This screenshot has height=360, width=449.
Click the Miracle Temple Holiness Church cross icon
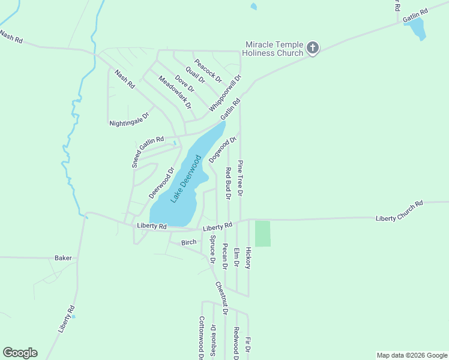coord(312,48)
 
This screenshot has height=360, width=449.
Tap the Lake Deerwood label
coord(185,179)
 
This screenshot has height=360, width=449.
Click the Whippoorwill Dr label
coord(225,92)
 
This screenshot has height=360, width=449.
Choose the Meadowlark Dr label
coord(175,92)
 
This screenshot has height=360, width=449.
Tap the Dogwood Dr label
coord(219,150)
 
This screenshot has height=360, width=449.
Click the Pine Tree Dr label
coord(240,178)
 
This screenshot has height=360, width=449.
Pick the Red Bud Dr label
coord(228,184)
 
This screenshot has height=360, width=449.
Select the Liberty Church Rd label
coord(399,211)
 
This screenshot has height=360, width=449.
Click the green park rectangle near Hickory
coord(263,233)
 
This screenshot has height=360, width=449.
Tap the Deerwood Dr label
coord(161,183)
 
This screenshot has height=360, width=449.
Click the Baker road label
coord(63,258)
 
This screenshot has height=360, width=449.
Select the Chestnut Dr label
coord(221,298)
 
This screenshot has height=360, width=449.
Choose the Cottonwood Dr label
coord(202,338)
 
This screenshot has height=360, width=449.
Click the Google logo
coord(20,353)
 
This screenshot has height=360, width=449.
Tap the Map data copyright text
coord(412,355)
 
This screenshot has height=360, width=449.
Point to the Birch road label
coord(189,242)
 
